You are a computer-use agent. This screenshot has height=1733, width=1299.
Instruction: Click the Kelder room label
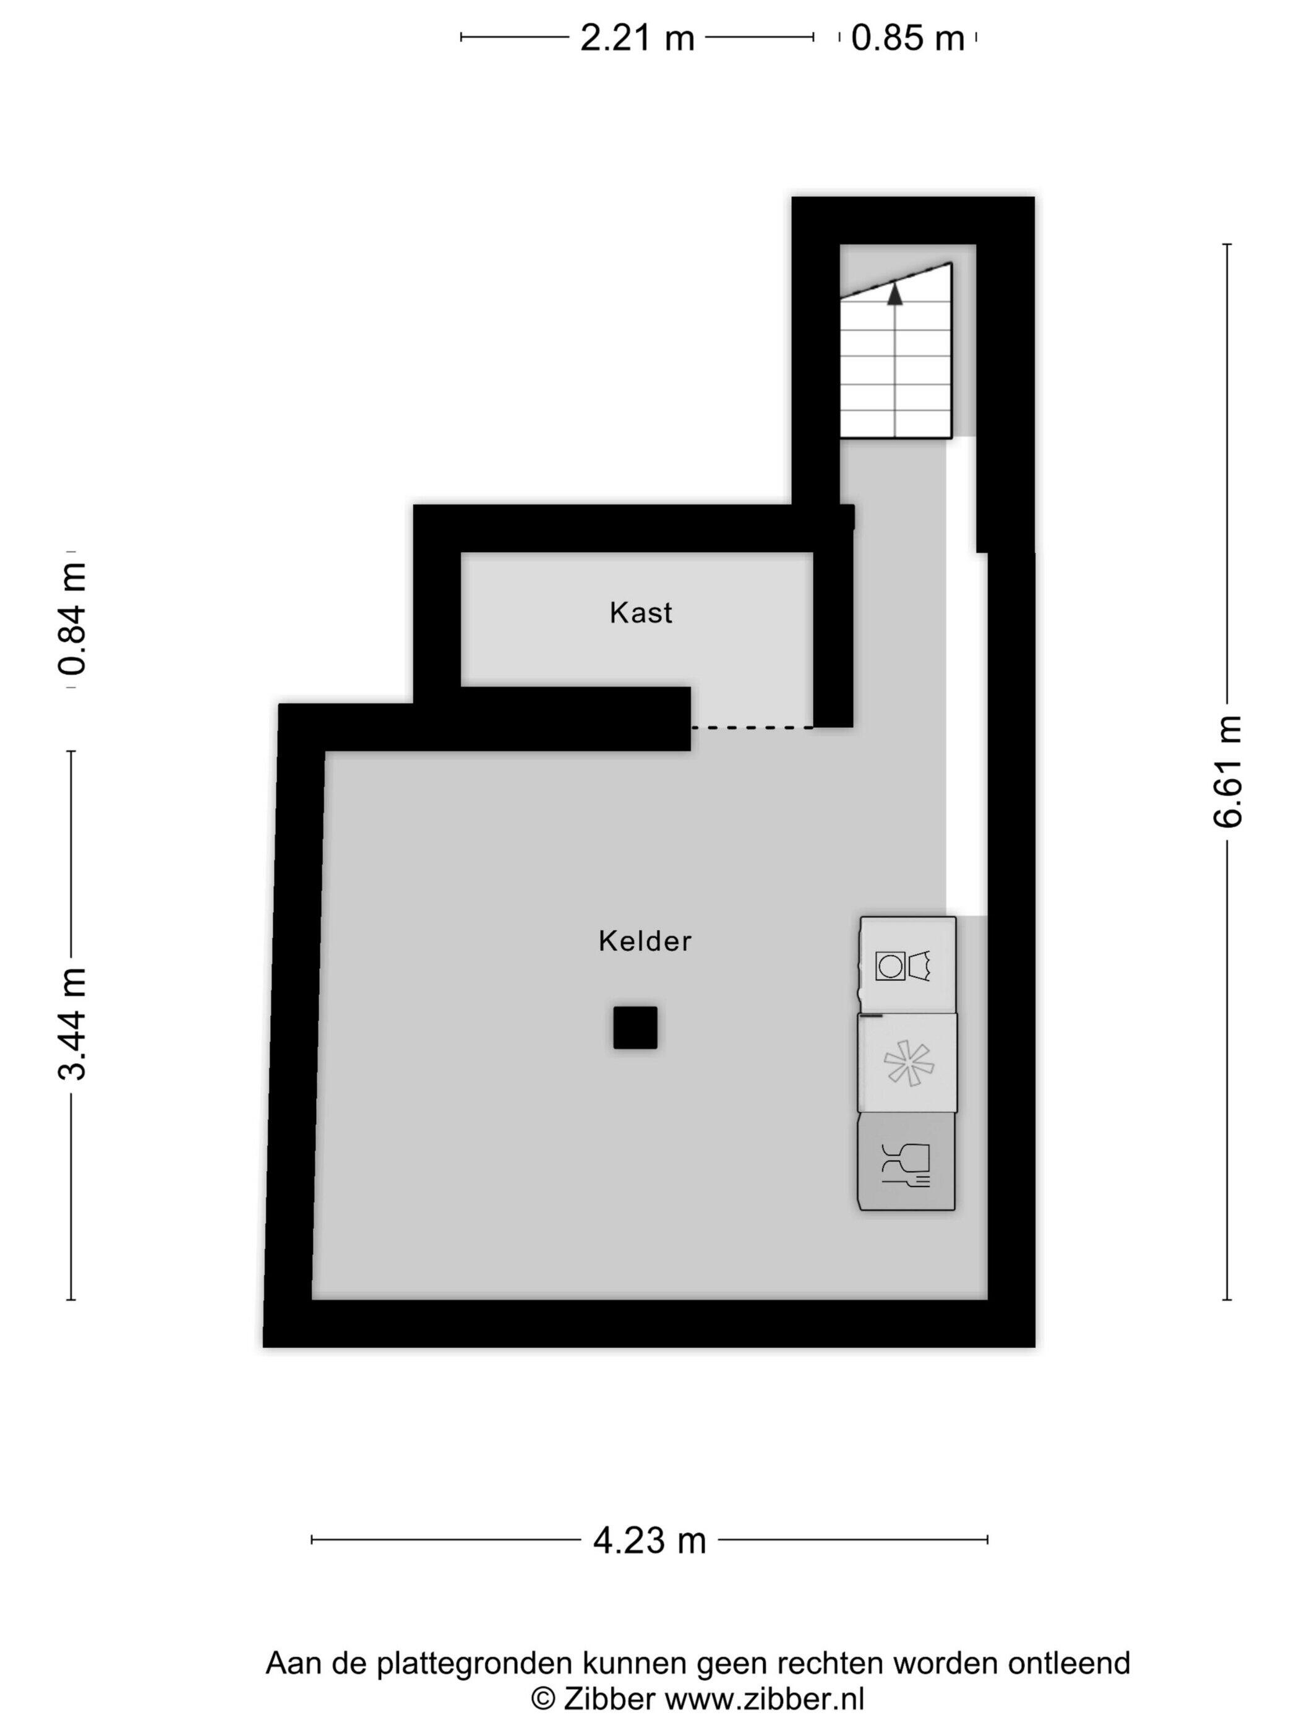click(645, 941)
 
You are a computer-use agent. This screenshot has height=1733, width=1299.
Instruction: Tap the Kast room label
click(640, 613)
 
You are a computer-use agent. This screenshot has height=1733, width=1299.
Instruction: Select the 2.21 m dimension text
click(637, 38)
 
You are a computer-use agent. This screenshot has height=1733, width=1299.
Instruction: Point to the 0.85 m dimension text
click(907, 38)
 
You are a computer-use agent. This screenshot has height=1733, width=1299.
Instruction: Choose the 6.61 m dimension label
click(1228, 771)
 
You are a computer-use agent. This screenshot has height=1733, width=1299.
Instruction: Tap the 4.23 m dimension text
click(649, 1541)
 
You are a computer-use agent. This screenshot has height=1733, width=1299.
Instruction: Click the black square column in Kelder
click(635, 1027)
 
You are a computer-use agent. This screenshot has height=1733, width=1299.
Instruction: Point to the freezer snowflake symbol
click(908, 1063)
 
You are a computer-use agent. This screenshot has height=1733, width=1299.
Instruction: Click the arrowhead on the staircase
click(894, 294)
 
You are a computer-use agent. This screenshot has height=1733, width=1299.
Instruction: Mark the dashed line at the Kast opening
click(752, 728)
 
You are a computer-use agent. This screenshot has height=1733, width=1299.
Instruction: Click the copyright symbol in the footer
click(543, 1700)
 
